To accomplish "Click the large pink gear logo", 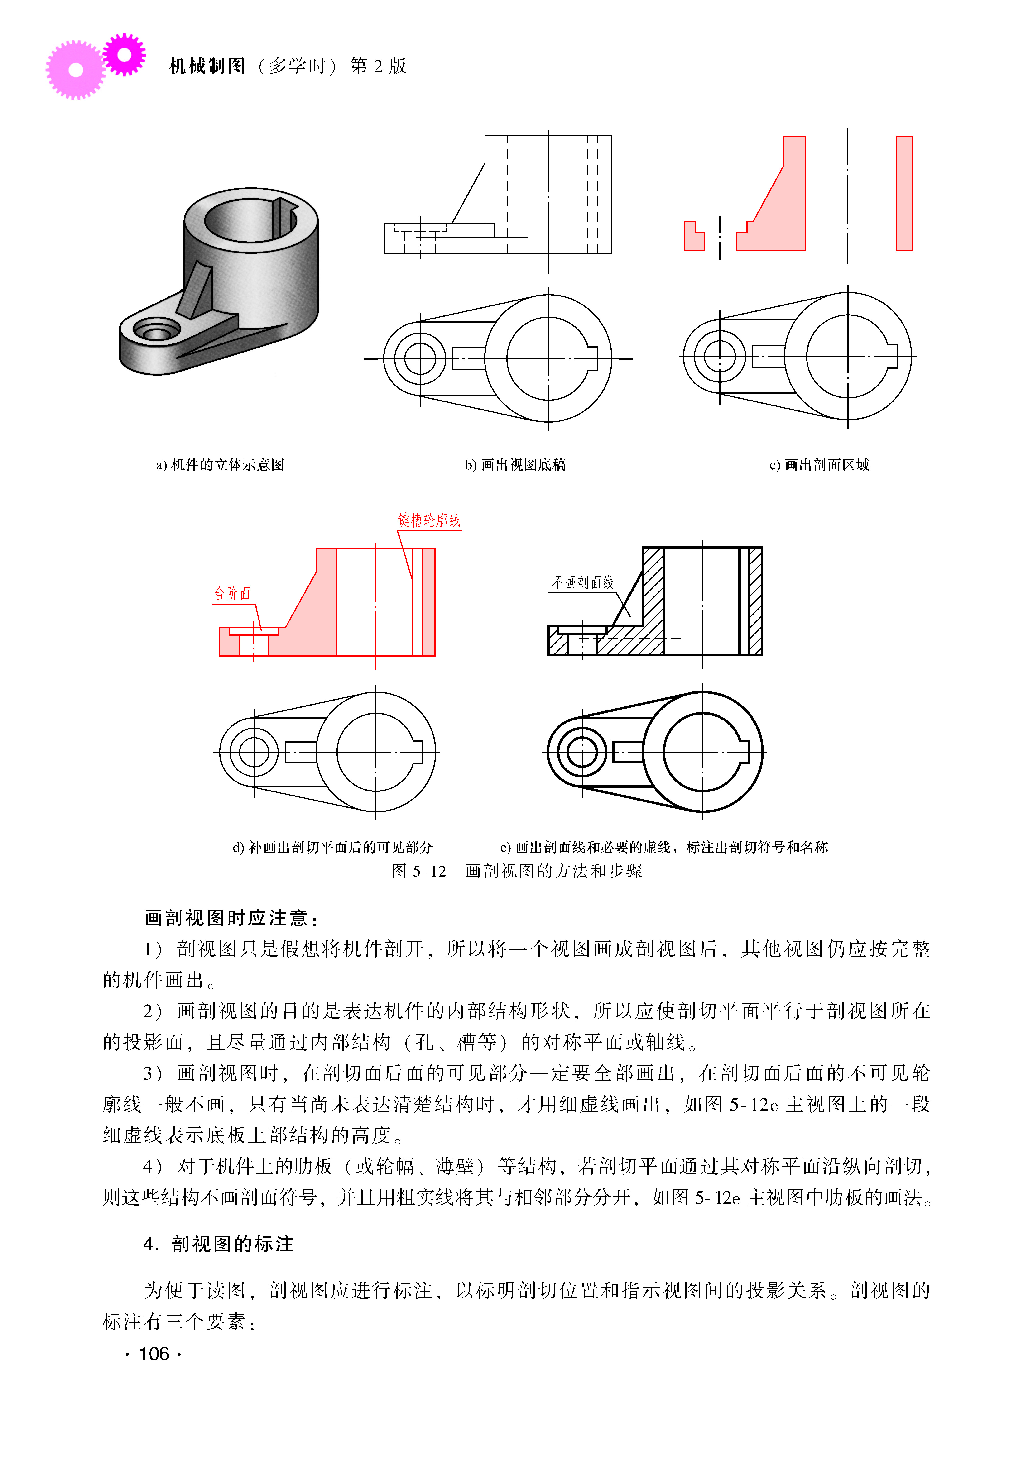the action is [x=75, y=70].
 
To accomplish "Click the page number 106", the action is [x=153, y=1354].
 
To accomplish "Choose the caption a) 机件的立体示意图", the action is [x=220, y=465].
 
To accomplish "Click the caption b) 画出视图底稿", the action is [x=515, y=465].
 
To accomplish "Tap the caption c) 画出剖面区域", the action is [x=819, y=465].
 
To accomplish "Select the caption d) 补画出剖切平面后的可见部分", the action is [x=333, y=847].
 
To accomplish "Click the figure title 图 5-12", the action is [x=418, y=871].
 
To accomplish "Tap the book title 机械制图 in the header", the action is [x=207, y=66].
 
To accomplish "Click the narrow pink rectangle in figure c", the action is [x=904, y=193].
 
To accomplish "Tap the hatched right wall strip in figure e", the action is [x=756, y=601].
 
